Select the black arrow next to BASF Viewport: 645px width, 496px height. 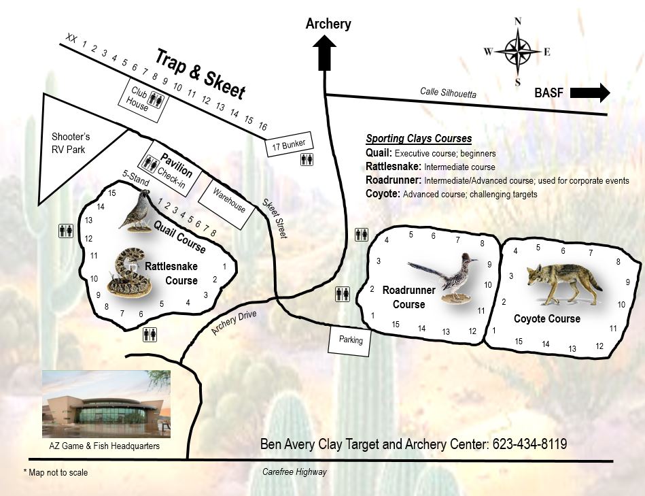[x=590, y=93]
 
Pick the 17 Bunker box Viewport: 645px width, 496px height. [x=289, y=144]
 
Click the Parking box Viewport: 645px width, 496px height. [x=351, y=340]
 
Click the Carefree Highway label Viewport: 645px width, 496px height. [x=294, y=472]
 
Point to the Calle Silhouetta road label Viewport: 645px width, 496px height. [x=449, y=95]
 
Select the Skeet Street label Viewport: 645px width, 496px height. [x=275, y=218]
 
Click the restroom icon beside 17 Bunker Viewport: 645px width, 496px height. [x=306, y=160]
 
